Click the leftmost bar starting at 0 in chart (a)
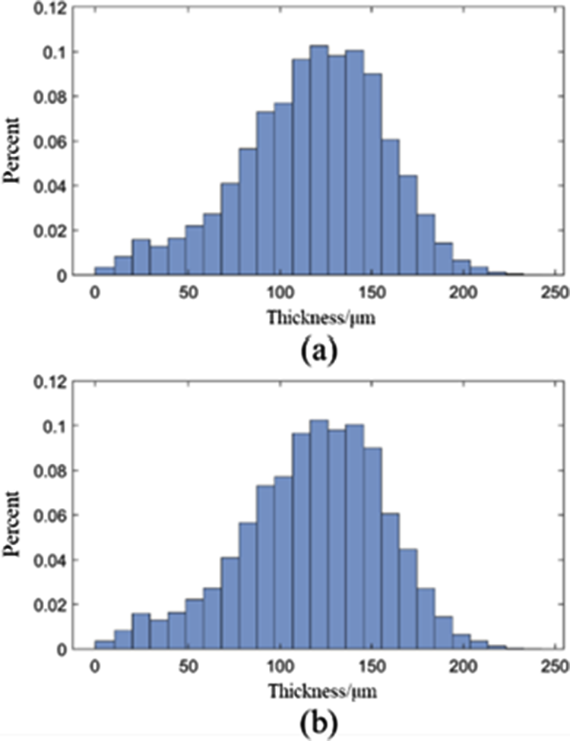pos(104,271)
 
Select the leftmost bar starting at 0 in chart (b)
pos(104,645)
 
